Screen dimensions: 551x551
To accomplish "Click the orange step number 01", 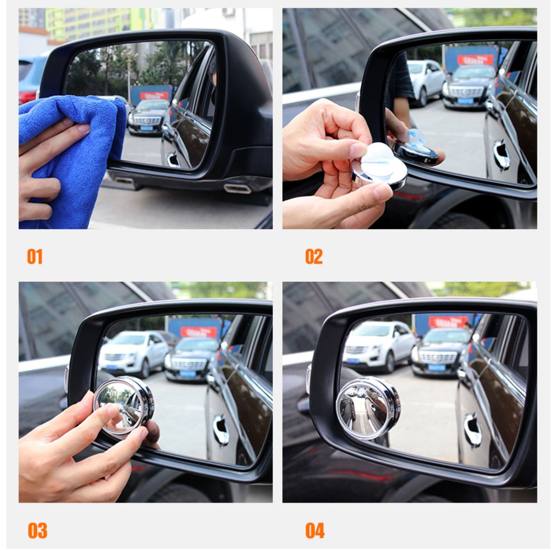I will pyautogui.click(x=35, y=256).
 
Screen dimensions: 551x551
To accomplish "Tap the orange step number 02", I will pyautogui.click(x=314, y=256).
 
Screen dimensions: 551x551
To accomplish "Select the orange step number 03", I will pyautogui.click(x=37, y=530).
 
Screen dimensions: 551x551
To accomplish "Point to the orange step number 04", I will pyautogui.click(x=315, y=530).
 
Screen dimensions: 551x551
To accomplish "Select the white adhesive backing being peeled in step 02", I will pyautogui.click(x=378, y=162).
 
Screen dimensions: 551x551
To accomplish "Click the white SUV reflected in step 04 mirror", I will pyautogui.click(x=378, y=345).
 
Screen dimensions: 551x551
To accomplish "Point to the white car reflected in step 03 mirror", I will pyautogui.click(x=132, y=351).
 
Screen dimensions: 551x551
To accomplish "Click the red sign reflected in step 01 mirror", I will pyautogui.click(x=154, y=96).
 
